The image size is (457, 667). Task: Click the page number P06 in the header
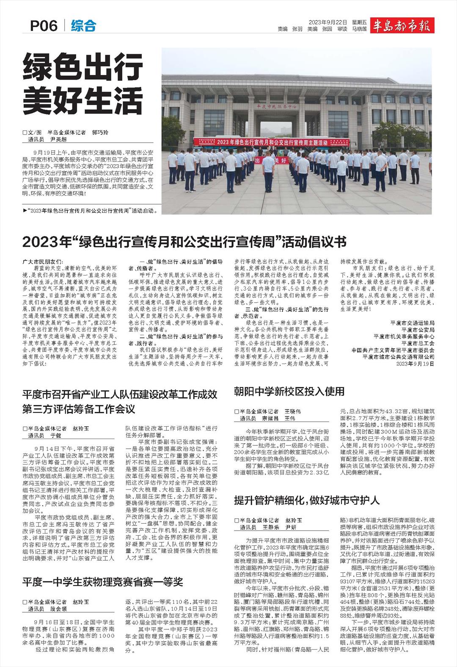click(x=44, y=26)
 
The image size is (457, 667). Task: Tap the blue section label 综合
click(x=83, y=26)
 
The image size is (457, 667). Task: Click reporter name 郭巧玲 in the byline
click(x=100, y=132)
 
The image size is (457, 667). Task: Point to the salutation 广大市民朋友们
click(x=45, y=262)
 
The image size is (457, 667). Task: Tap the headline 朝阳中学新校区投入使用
click(x=289, y=391)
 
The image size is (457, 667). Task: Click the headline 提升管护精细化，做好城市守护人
click(x=307, y=500)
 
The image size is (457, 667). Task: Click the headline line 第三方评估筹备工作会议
click(x=79, y=409)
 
